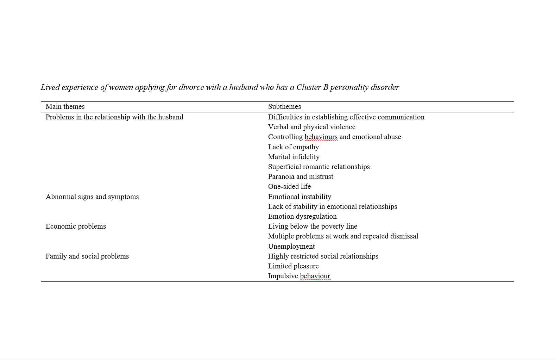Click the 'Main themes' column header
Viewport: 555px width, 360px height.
(x=65, y=106)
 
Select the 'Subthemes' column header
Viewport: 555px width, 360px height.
(x=284, y=106)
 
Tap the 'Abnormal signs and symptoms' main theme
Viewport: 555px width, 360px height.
(x=92, y=197)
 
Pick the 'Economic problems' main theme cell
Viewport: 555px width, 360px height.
(x=76, y=226)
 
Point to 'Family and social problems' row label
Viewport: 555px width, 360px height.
(x=87, y=256)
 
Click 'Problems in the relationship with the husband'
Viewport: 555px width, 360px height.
(x=114, y=117)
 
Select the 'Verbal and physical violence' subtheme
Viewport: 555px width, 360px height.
(x=311, y=127)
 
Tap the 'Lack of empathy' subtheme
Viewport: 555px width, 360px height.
(x=294, y=147)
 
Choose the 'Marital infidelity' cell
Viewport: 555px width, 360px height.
(x=294, y=157)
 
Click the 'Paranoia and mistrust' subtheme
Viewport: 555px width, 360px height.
(x=301, y=176)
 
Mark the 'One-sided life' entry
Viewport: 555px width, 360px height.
(x=289, y=186)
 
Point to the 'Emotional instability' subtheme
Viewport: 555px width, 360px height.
(x=299, y=197)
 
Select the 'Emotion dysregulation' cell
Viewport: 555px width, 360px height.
(x=302, y=216)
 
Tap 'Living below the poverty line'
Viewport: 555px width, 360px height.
(x=313, y=226)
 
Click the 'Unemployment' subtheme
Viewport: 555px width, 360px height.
(x=291, y=246)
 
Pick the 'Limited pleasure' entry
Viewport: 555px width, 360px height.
(x=293, y=266)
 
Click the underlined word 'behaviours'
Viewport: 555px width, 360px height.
(x=321, y=137)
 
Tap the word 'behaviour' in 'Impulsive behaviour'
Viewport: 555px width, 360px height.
(x=315, y=276)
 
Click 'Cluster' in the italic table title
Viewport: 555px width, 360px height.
(x=308, y=87)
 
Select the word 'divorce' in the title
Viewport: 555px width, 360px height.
(x=191, y=87)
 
